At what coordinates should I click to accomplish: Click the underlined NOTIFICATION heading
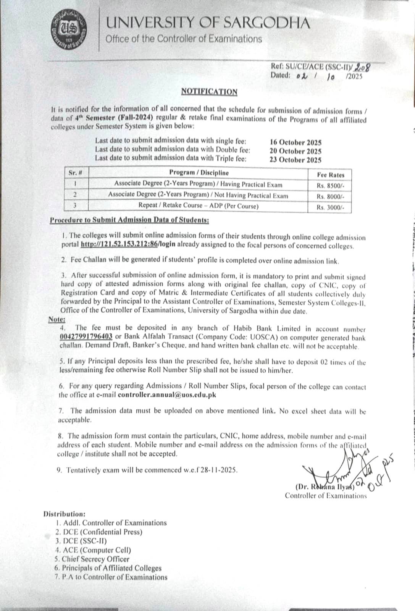[x=209, y=92]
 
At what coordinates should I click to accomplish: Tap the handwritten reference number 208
[x=362, y=67]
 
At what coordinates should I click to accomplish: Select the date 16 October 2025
[x=296, y=142]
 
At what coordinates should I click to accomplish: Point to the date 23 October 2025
[x=296, y=160]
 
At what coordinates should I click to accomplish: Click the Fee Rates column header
[x=331, y=175]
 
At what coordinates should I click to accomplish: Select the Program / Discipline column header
[x=199, y=173]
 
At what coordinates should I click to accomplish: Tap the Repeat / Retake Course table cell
[x=198, y=206]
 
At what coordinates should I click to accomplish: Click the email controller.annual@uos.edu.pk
[x=167, y=395]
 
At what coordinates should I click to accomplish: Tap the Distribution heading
[x=65, y=514]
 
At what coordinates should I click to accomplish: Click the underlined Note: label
[x=57, y=320]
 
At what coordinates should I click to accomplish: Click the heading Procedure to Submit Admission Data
[x=129, y=220]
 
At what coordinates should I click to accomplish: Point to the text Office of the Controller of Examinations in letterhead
[x=184, y=39]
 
